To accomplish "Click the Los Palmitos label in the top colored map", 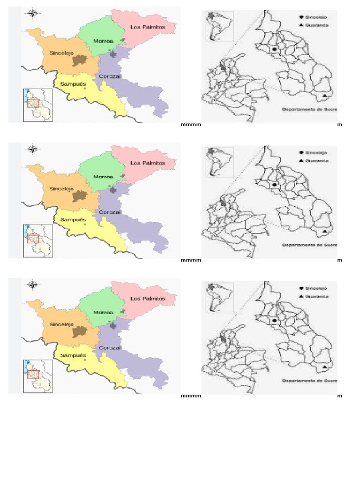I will click(x=148, y=28).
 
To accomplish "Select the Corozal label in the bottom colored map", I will click(x=110, y=348).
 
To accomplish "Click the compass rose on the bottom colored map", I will click(x=33, y=285).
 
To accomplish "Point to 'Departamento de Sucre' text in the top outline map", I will click(x=310, y=109).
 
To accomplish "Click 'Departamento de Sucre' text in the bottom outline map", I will click(x=310, y=381).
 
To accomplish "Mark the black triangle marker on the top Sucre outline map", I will click(x=325, y=97).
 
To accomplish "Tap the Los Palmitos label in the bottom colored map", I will click(x=148, y=299).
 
